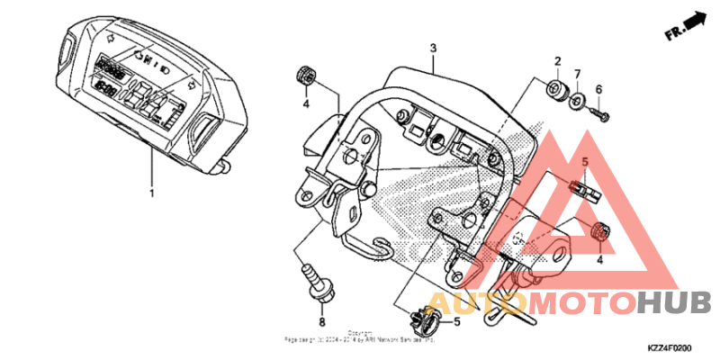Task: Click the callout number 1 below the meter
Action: pyautogui.click(x=151, y=193)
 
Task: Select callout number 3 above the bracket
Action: pyautogui.click(x=433, y=47)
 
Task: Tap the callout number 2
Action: pyautogui.click(x=557, y=62)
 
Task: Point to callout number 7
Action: pyautogui.click(x=578, y=74)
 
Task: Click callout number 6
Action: pyautogui.click(x=598, y=89)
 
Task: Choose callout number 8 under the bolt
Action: pyautogui.click(x=321, y=322)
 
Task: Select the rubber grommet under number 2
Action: pyautogui.click(x=555, y=89)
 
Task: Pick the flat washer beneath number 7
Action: pyautogui.click(x=576, y=96)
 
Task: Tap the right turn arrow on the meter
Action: pyautogui.click(x=193, y=82)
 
